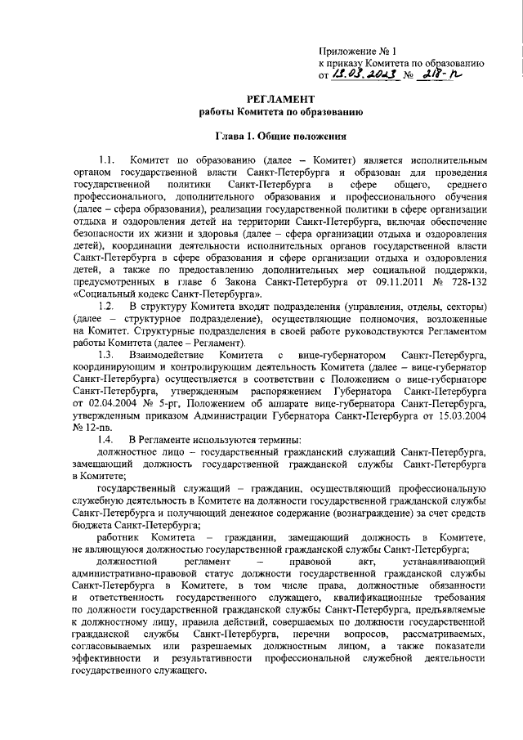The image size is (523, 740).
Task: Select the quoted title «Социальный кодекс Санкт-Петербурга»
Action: pyautogui.click(x=168, y=294)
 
